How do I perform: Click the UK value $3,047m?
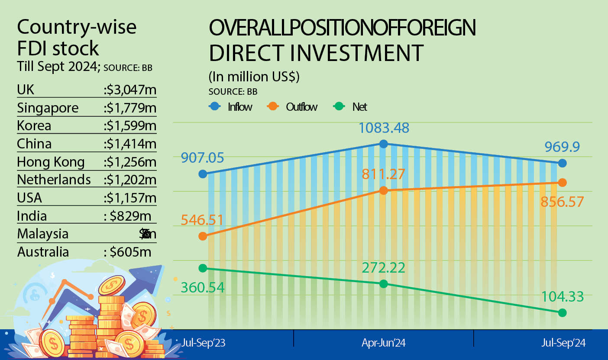130,90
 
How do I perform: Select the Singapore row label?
48,108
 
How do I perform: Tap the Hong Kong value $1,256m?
130,162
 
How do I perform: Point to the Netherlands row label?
54,180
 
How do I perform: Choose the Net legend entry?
350,106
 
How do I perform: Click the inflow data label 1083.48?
384,128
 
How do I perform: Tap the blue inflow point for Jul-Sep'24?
562,163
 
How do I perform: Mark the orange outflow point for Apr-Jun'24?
383,190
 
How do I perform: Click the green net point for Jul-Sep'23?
203,268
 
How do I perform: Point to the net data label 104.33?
563,297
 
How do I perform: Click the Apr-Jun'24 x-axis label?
384,343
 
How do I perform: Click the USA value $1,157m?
130,198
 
